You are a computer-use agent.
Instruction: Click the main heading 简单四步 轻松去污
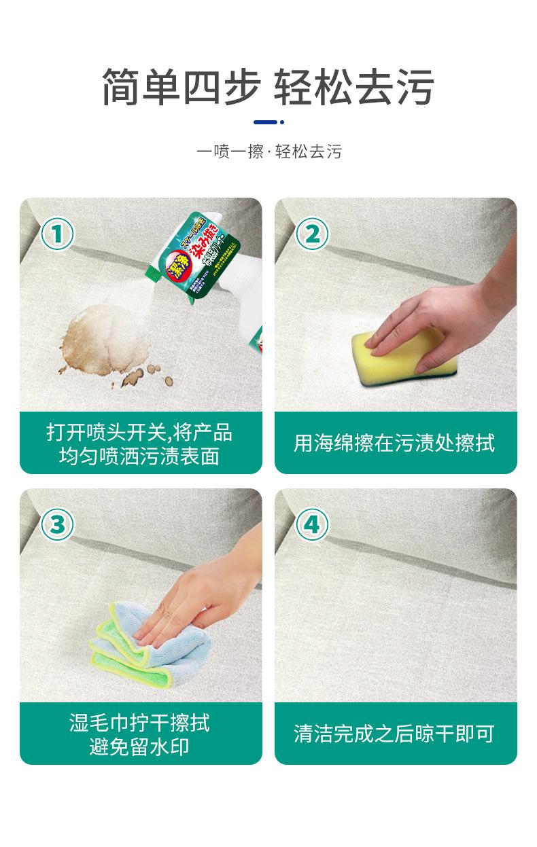pos(268,88)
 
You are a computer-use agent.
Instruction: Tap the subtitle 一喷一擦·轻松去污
pos(268,151)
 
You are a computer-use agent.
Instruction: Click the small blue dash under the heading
pos(266,122)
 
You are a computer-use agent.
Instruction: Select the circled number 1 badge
pos(58,234)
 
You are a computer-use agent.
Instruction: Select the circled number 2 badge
pos(312,234)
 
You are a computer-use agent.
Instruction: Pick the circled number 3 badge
pos(58,524)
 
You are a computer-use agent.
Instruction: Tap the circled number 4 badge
pos(312,524)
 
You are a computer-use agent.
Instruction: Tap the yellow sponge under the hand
pos(401,353)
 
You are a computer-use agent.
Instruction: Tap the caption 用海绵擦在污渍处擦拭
pos(395,444)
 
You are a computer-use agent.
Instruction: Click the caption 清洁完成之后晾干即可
pos(395,734)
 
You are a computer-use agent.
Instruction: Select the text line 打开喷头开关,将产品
pos(140,432)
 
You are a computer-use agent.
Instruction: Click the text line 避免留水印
pos(140,747)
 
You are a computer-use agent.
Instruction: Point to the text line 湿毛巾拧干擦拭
pos(140,722)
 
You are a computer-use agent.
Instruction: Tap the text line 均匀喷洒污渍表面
pos(140,456)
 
